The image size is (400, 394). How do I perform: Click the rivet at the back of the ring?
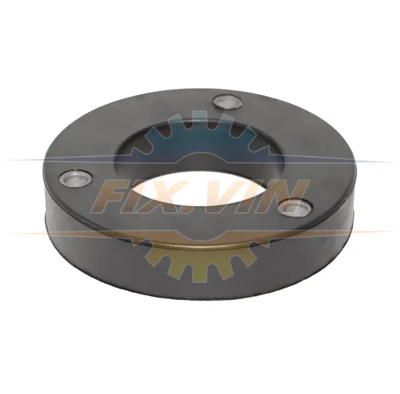click(x=227, y=102)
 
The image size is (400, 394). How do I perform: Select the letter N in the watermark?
click(x=283, y=196)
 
